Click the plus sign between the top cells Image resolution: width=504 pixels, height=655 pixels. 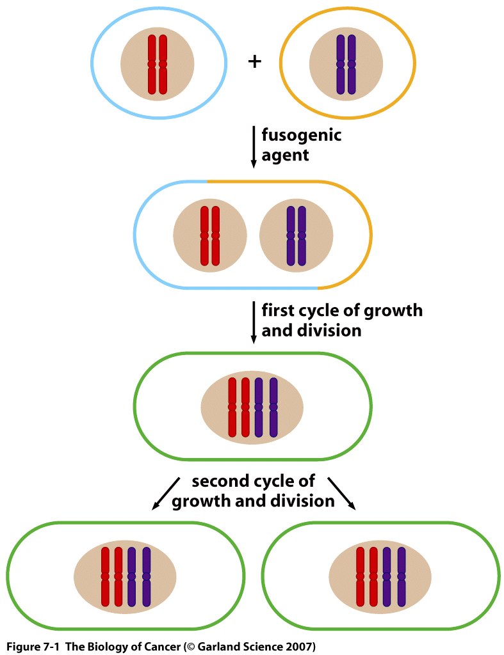[x=254, y=62]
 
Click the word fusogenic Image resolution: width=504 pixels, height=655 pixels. [x=301, y=136]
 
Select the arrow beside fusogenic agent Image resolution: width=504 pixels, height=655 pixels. [x=254, y=147]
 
